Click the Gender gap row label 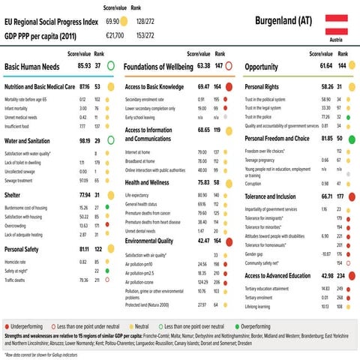pos(259,253)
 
